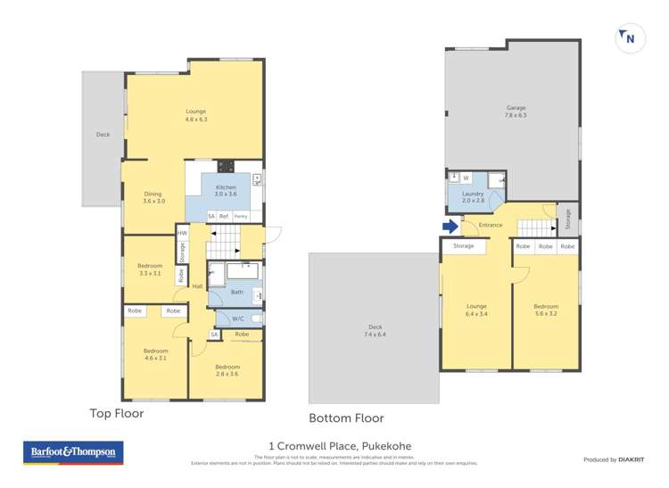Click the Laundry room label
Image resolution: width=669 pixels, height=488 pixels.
tap(473, 197)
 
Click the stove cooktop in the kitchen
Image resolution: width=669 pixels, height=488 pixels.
tap(226, 166)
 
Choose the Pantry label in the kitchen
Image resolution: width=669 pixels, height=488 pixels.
tap(241, 217)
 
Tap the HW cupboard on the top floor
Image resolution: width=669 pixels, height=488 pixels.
tap(182, 234)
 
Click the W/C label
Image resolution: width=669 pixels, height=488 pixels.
tap(237, 318)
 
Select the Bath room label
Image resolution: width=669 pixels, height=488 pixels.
tap(236, 291)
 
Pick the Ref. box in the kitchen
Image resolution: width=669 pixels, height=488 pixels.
tap(225, 217)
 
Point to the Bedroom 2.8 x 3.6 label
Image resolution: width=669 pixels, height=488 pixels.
tap(227, 370)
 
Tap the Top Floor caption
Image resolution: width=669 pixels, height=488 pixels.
tap(116, 414)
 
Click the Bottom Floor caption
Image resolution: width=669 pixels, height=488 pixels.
tap(346, 418)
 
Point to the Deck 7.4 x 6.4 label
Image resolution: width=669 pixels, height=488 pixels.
tap(374, 330)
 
